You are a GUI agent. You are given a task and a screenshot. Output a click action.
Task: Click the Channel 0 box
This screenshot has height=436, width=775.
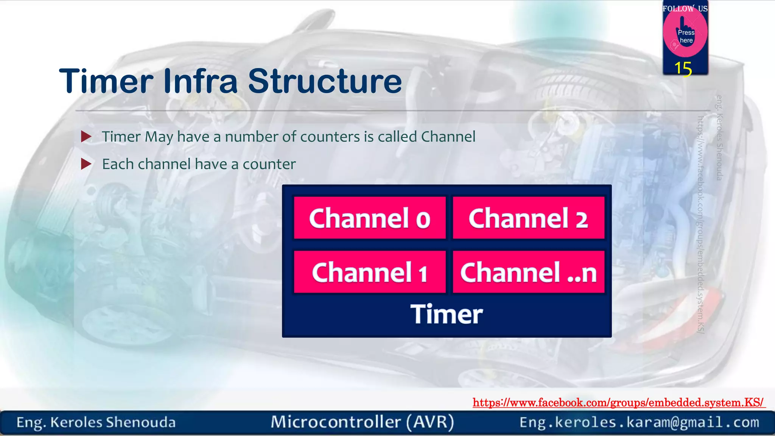[x=370, y=218]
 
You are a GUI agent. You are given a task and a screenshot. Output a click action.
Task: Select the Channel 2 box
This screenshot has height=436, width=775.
[x=528, y=218]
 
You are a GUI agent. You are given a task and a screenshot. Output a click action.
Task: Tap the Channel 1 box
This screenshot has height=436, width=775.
[x=370, y=272]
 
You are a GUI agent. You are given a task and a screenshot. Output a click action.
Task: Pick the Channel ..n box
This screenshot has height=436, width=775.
[x=528, y=272]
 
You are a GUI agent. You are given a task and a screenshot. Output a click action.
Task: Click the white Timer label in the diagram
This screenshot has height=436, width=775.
[x=447, y=314]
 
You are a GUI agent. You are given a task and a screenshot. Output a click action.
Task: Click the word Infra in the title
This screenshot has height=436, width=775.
[x=200, y=81]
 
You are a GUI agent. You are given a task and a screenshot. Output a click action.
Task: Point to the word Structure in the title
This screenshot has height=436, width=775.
[x=325, y=81]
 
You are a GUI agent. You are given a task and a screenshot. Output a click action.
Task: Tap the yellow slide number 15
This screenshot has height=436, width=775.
[x=683, y=69]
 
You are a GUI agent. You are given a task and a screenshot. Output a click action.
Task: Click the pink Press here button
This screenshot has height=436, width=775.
[x=685, y=35]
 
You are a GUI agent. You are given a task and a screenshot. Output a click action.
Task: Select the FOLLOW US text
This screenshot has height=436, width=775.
[x=685, y=8]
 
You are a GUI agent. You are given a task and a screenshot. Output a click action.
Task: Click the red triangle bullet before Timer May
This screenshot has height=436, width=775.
[x=86, y=137]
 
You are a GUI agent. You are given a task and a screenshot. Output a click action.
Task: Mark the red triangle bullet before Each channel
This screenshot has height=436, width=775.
[x=86, y=164]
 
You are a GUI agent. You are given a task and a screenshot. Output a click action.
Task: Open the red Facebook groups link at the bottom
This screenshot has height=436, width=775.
[x=618, y=402]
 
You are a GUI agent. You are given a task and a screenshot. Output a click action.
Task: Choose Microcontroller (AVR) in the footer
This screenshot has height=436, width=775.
[x=362, y=422]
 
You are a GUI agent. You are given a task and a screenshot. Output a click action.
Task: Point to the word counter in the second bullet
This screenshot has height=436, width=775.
[x=269, y=164]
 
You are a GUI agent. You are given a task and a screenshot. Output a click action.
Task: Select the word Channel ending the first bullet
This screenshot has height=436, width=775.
[x=448, y=137]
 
